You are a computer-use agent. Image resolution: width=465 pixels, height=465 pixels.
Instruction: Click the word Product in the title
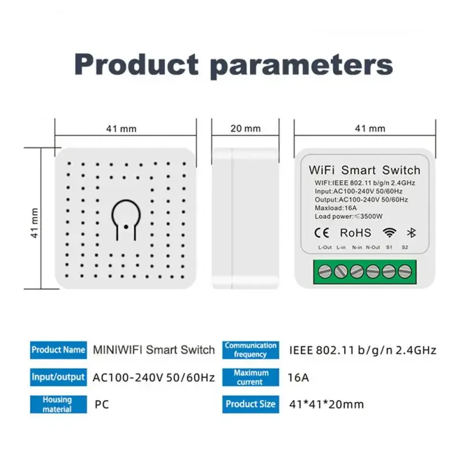(137, 65)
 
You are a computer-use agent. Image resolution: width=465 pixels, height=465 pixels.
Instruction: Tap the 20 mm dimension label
(245, 128)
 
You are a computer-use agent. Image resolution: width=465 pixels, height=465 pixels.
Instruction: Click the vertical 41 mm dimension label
(35, 223)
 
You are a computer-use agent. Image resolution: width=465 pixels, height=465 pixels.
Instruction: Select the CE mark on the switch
(321, 233)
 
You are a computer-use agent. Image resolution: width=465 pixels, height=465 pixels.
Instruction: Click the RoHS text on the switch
(355, 233)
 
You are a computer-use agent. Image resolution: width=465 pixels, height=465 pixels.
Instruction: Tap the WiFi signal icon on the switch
(388, 233)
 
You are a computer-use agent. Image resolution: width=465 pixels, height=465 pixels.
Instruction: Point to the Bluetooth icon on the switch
(409, 233)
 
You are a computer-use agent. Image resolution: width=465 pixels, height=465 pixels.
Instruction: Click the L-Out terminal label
(325, 248)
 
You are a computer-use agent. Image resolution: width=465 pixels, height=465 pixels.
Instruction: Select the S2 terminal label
(405, 248)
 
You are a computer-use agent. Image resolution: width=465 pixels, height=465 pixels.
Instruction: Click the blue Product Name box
(58, 350)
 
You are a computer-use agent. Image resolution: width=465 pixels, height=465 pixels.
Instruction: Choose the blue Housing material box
(58, 404)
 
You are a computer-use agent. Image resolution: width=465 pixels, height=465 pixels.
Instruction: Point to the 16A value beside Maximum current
(298, 377)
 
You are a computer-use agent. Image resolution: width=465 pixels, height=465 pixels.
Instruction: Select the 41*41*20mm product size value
(327, 404)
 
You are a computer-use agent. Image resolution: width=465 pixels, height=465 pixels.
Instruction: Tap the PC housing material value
(101, 404)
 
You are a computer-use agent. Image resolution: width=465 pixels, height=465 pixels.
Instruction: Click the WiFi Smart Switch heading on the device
(364, 170)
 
